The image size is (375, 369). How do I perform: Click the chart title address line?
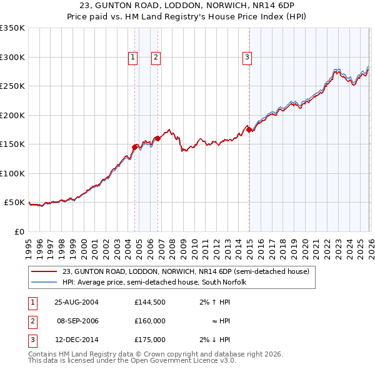point(187,5)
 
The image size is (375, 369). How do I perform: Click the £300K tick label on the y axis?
point(12,57)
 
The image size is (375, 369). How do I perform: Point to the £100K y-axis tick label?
point(12,173)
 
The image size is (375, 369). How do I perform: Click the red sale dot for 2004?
point(134,147)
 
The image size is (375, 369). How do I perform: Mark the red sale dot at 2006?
point(157,138)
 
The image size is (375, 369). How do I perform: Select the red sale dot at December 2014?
point(249,129)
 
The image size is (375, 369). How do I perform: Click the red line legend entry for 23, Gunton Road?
point(186,271)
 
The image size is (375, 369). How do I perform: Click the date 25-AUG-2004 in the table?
point(76,302)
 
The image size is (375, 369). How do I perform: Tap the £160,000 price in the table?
point(149,321)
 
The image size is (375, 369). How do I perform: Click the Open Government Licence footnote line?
point(132,361)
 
